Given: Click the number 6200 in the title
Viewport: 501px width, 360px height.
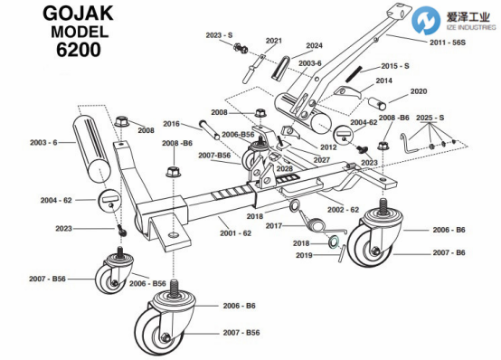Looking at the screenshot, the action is point(79,50).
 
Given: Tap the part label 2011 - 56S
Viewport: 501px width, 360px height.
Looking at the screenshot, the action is point(448,43).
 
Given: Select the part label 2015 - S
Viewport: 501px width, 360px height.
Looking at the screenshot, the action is point(395,66).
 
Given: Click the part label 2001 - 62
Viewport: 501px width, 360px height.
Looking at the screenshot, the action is point(235,233).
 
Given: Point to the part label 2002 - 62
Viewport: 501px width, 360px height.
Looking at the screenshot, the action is point(343,210).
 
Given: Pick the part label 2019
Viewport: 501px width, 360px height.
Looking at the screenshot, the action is point(304,255).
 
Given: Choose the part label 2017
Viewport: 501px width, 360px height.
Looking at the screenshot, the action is point(274,226).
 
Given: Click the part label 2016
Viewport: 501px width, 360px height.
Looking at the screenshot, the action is point(171,124).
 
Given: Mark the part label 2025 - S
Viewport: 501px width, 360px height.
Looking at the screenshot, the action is point(430,118).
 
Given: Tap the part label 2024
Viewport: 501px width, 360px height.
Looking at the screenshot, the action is point(314,46).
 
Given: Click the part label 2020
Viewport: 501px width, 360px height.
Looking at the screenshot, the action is point(419,91).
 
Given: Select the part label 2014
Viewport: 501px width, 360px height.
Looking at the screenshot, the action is point(383,81).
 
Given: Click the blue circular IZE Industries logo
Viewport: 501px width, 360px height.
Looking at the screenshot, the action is point(426,20).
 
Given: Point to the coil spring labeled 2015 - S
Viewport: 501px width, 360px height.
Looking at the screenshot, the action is point(354,75).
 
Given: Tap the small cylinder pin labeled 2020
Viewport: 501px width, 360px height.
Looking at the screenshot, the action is point(377,103).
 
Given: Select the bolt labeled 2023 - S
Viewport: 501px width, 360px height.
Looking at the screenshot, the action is point(241,48).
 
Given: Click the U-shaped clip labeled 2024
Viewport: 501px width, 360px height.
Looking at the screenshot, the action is point(281,67).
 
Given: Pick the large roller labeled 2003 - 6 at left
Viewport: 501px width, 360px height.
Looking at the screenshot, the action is point(92,148).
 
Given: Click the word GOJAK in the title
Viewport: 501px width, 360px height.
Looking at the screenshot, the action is point(79,14).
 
